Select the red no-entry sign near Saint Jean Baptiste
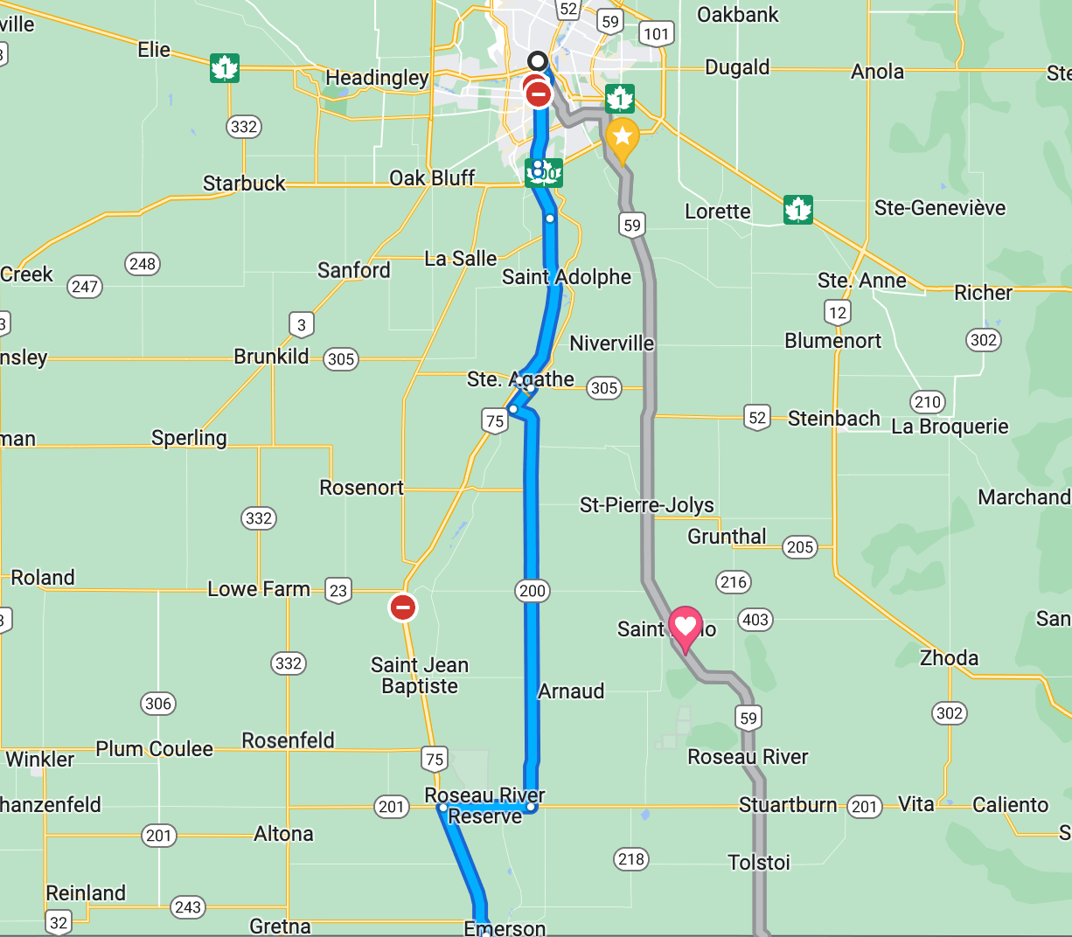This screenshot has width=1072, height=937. point(403,607)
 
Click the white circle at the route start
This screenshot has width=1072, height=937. point(538,61)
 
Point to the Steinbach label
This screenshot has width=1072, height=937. point(833,419)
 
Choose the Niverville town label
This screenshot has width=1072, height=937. point(611,344)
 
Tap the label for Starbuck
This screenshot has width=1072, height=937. point(244,184)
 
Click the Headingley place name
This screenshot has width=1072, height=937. point(377,78)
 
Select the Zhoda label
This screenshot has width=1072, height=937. point(949,657)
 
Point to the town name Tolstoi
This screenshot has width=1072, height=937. point(759,863)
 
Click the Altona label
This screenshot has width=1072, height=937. point(283,834)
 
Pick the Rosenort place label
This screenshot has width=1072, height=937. point(361,488)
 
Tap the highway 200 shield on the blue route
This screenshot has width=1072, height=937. point(532,591)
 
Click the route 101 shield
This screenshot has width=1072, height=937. point(656,35)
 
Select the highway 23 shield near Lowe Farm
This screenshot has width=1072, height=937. point(338,591)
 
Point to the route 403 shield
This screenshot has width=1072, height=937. point(755,620)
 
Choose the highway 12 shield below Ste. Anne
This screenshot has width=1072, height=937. point(837,312)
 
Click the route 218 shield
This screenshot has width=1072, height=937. point(630,859)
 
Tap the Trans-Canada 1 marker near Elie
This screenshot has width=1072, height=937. point(225,68)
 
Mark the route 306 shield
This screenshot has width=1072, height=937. point(158,704)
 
